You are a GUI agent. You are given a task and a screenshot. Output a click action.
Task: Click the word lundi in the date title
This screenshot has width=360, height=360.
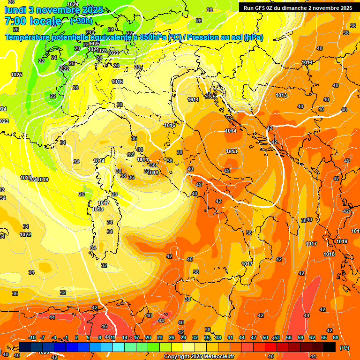pyautogui.click(x=15, y=10)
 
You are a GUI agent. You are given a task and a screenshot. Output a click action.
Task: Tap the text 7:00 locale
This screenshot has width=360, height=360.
pyautogui.click(x=32, y=21)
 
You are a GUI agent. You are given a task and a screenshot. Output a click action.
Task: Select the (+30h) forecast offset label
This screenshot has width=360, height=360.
pyautogui.click(x=81, y=21)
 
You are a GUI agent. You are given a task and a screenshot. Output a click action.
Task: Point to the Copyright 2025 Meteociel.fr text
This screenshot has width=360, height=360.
pyautogui.click(x=199, y=356)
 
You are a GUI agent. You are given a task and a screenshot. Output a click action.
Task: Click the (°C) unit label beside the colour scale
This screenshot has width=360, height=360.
pyautogui.click(x=345, y=348)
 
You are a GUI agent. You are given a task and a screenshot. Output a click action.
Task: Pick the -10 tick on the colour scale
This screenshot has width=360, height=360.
pyautogui.click(x=32, y=337)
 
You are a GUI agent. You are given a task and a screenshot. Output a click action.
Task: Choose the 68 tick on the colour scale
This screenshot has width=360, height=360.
pyautogui.click(x=336, y=337)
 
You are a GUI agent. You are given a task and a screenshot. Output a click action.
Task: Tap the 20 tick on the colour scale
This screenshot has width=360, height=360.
pyautogui.click(x=148, y=337)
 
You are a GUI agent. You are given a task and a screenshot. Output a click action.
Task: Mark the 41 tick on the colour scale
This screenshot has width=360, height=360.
pyautogui.click(x=230, y=337)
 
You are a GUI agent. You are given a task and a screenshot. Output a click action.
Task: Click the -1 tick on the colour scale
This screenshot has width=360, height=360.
pyautogui.click(x=66, y=337)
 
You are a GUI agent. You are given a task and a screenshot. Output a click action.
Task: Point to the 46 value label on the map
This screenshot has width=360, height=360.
pyautogui.click(x=104, y=327)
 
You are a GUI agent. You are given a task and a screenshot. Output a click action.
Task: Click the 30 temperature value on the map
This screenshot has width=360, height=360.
pyautogui.click(x=120, y=105)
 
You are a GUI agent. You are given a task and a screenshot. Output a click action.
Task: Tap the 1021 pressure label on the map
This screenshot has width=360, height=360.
pyautogui.click(x=25, y=178)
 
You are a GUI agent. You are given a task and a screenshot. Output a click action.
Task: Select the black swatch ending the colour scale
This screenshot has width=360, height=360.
pyautogui.click(x=330, y=347)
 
